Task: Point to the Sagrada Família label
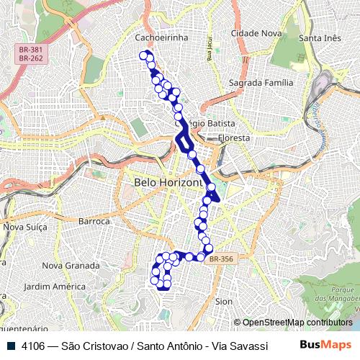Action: click(261, 83)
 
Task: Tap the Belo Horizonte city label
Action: click(167, 183)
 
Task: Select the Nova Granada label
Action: click(71, 265)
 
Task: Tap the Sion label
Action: click(224, 301)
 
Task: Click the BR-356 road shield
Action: click(221, 259)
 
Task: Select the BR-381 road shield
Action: click(29, 49)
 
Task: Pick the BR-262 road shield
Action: click(29, 58)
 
